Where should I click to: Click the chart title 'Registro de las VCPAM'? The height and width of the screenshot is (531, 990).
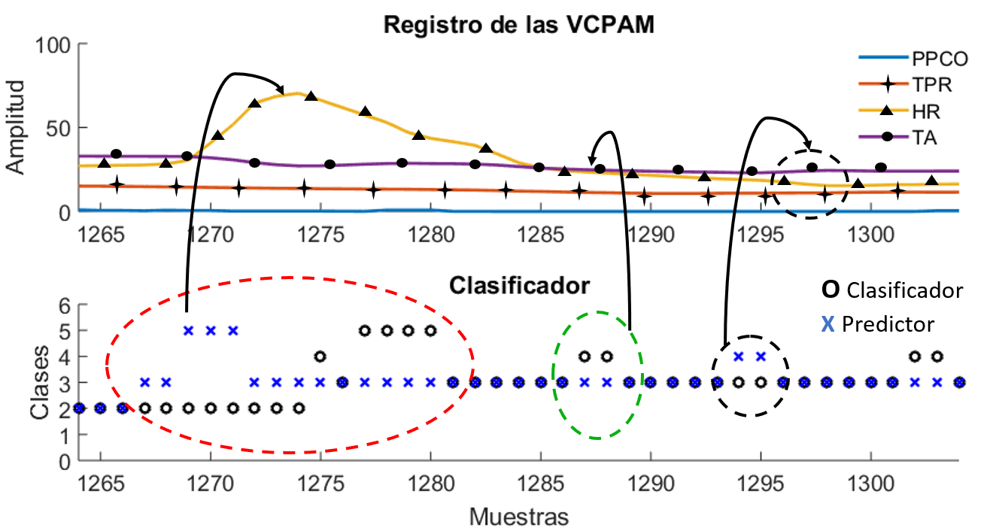(519, 24)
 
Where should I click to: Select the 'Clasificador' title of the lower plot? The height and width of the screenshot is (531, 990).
(519, 286)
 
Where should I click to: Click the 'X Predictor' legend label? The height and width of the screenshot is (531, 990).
(877, 323)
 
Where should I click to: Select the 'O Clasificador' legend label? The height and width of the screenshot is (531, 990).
(891, 290)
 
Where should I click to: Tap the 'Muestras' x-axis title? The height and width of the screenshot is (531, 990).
(519, 517)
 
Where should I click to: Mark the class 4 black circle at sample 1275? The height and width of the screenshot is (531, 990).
(320, 357)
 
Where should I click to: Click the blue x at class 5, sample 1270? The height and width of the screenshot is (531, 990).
(211, 330)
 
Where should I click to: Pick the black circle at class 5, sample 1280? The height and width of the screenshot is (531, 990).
(430, 330)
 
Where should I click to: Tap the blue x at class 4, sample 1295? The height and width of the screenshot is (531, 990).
(761, 357)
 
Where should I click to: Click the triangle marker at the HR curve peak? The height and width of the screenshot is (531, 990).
(311, 96)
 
